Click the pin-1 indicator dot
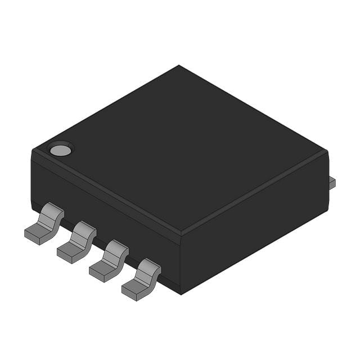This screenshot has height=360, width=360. tap(61, 150)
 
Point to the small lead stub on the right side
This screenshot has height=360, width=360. tap(332, 182)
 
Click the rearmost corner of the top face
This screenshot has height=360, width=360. tap(179, 66)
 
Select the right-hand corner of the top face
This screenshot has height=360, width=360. tap(327, 151)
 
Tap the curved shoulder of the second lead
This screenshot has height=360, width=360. tap(84, 231)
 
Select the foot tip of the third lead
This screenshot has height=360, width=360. tap(98, 274)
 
